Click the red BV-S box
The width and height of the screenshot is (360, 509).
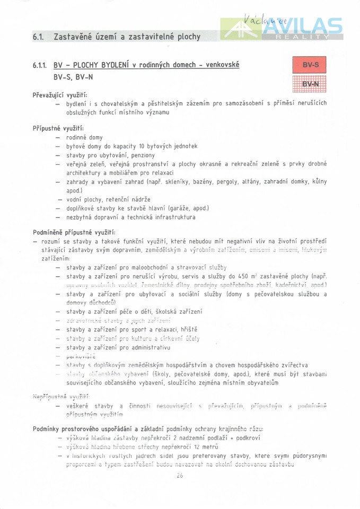(310, 66)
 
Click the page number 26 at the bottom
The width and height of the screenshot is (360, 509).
(180, 476)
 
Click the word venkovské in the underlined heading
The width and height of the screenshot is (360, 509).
(218, 65)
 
